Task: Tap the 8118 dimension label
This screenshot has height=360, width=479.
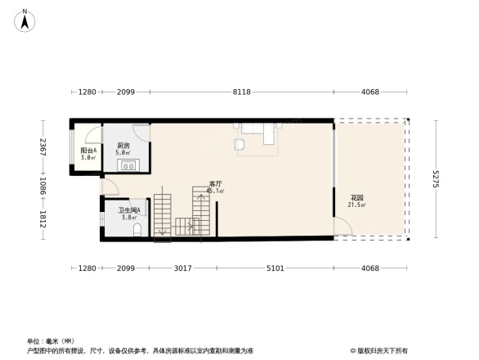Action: pyautogui.click(x=240, y=92)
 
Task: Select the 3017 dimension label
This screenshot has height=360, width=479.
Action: pyautogui.click(x=182, y=268)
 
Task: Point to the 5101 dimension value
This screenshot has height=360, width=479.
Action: pyautogui.click(x=276, y=268)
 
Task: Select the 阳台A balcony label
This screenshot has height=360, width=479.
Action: pyautogui.click(x=88, y=151)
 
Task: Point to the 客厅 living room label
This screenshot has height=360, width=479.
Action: pyautogui.click(x=216, y=184)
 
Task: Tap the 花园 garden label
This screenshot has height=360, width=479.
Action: pyautogui.click(x=357, y=198)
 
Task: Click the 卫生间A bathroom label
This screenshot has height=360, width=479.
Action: pyautogui.click(x=129, y=210)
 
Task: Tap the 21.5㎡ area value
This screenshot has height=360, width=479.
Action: pyautogui.click(x=357, y=205)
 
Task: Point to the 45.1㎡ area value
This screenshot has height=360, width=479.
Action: pyautogui.click(x=216, y=191)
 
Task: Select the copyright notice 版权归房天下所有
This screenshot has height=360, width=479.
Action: pyautogui.click(x=382, y=350)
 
